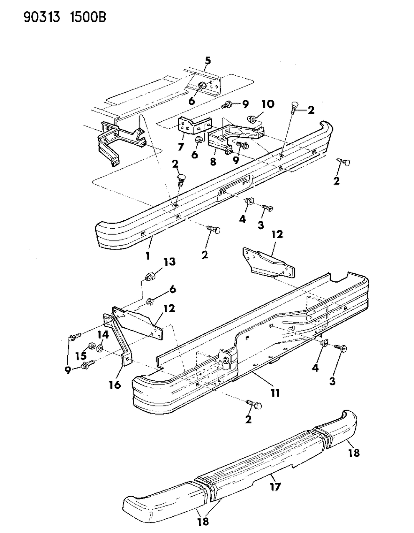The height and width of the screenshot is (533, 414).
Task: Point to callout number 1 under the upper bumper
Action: tap(148, 255)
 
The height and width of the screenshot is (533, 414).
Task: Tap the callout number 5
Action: tap(207, 61)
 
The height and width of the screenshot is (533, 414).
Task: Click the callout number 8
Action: tap(213, 161)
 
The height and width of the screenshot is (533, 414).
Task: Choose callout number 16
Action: tap(115, 384)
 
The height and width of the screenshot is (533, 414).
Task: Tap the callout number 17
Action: tap(275, 486)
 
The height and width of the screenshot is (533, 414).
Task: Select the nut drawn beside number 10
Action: tap(252, 119)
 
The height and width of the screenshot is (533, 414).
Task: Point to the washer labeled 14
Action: tap(100, 349)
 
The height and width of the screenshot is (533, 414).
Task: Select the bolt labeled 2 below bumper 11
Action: tap(254, 405)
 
